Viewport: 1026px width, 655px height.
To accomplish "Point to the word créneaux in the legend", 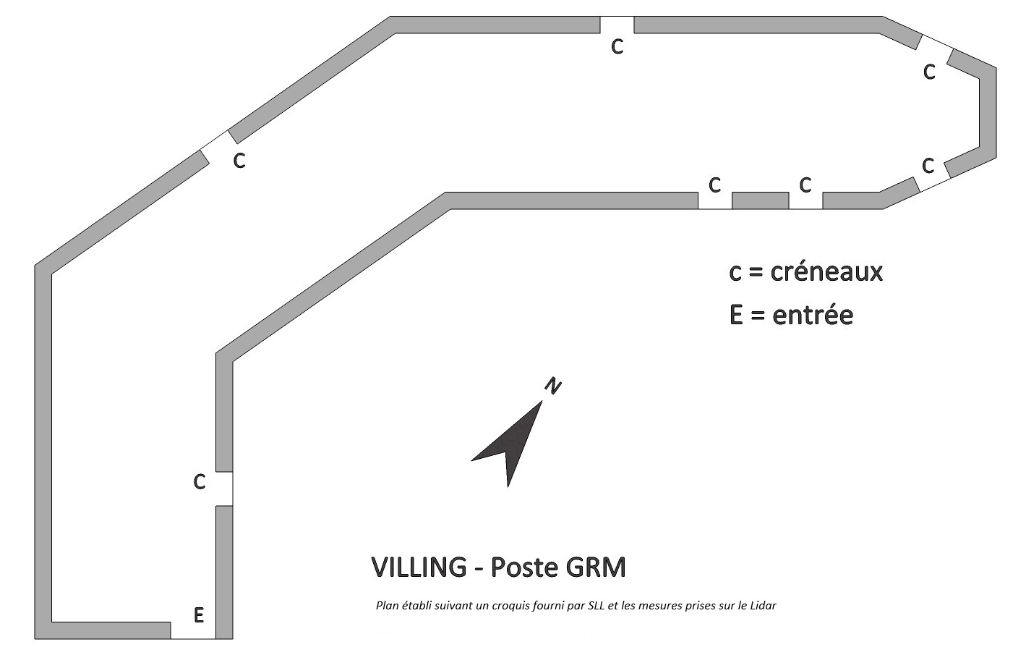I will (827, 272).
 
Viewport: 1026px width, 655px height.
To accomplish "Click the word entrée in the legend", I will (813, 316).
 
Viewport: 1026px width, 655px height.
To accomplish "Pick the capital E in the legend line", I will (736, 316).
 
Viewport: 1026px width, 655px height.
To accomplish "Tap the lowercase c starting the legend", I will (735, 273).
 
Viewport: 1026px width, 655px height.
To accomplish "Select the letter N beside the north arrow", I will (552, 386).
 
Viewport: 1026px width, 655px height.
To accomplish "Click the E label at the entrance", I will (199, 616).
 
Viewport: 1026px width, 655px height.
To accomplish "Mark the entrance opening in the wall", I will (193, 630).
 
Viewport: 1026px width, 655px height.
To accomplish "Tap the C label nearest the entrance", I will (200, 482).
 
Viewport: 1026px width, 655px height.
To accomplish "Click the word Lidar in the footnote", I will (761, 606).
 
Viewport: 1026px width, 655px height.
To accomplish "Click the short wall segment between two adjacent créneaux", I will (760, 200).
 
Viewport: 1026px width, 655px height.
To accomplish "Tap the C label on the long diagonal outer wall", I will (239, 161).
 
